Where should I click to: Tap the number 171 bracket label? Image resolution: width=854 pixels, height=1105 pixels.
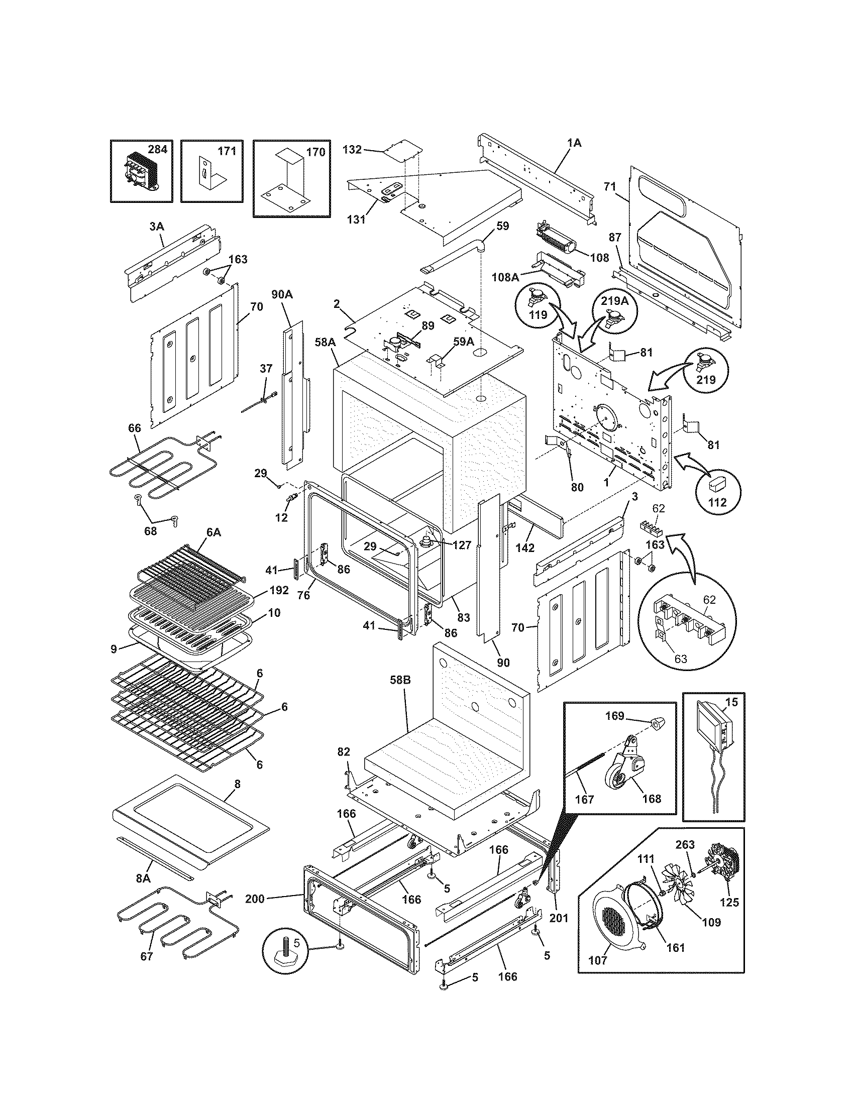coord(227,151)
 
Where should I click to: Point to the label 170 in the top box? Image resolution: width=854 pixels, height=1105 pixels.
coord(315,152)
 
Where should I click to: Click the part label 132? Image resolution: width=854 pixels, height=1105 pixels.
coord(352,150)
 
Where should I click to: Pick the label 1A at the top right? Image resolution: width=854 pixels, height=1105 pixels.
coord(574,143)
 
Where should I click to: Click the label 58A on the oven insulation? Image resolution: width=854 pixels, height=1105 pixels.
coord(325,343)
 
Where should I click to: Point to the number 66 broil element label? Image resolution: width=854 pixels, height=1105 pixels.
coord(134,428)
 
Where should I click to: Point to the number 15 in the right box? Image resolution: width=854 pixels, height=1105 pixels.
coord(731,702)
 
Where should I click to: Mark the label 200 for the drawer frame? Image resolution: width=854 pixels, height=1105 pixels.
coord(255,899)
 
